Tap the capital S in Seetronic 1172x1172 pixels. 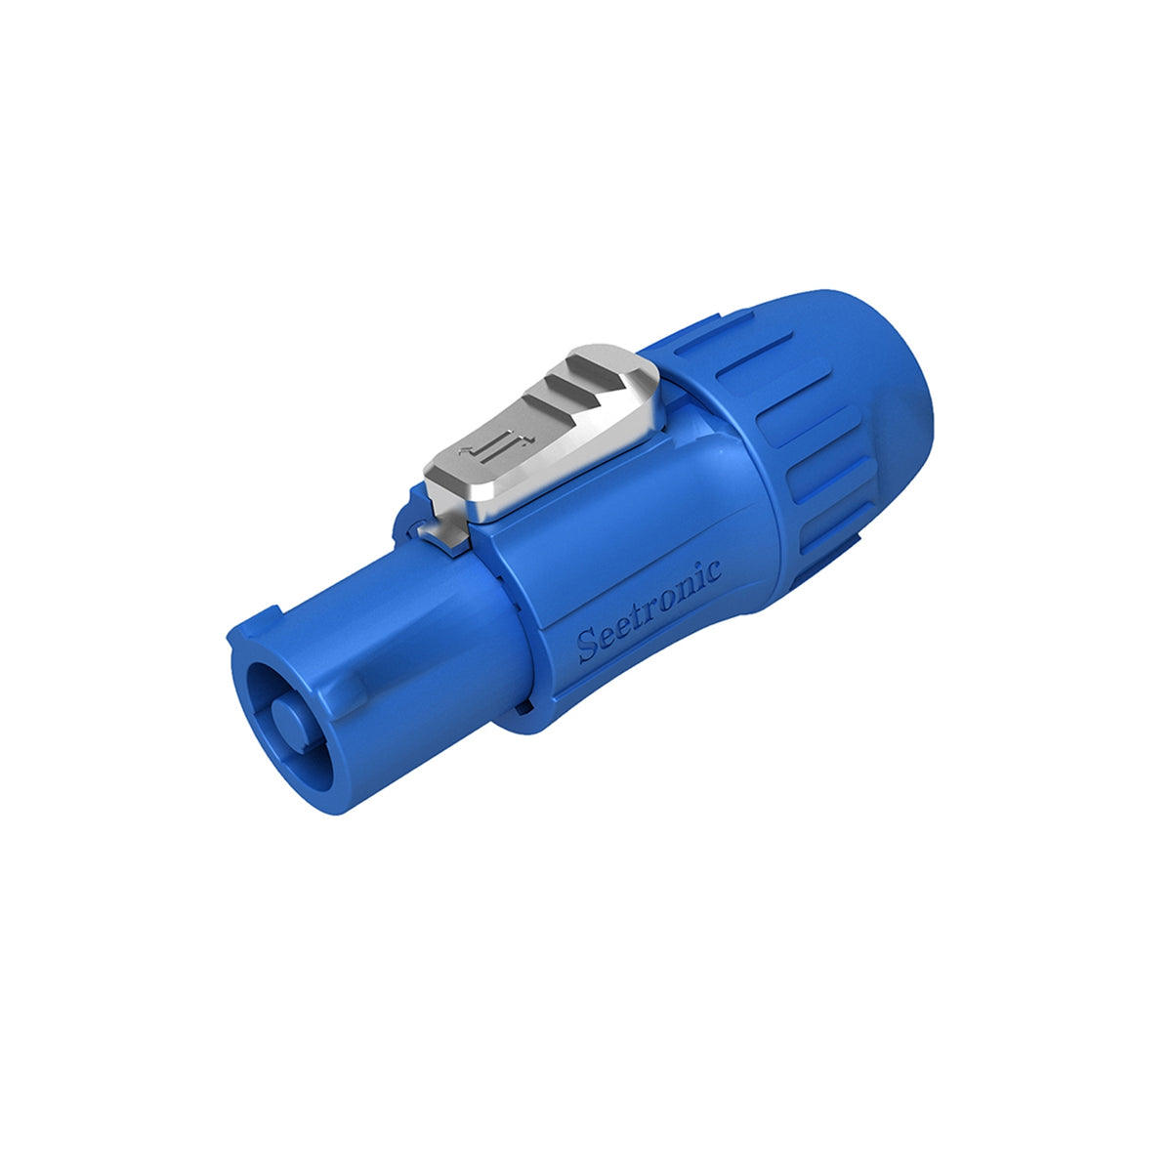587,645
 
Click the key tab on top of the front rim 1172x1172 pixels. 256,624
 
